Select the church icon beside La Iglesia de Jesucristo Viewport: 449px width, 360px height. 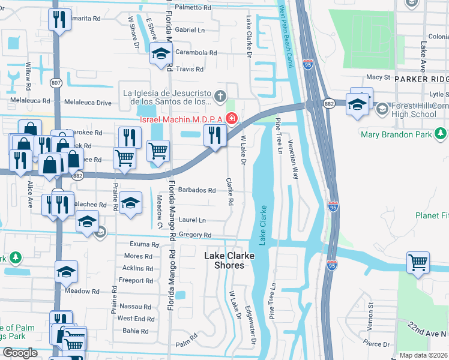pos(220,95)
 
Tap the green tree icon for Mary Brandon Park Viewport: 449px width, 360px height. pos(441,133)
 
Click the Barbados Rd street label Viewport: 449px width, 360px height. pos(196,190)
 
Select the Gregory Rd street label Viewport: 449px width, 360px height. pos(196,235)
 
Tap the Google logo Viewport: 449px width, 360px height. pos(20,353)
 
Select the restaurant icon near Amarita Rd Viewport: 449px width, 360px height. pos(59,20)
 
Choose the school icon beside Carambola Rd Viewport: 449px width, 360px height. pos(160,54)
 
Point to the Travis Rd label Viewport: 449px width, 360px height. pos(190,69)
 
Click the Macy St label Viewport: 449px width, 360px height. pos(378,77)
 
